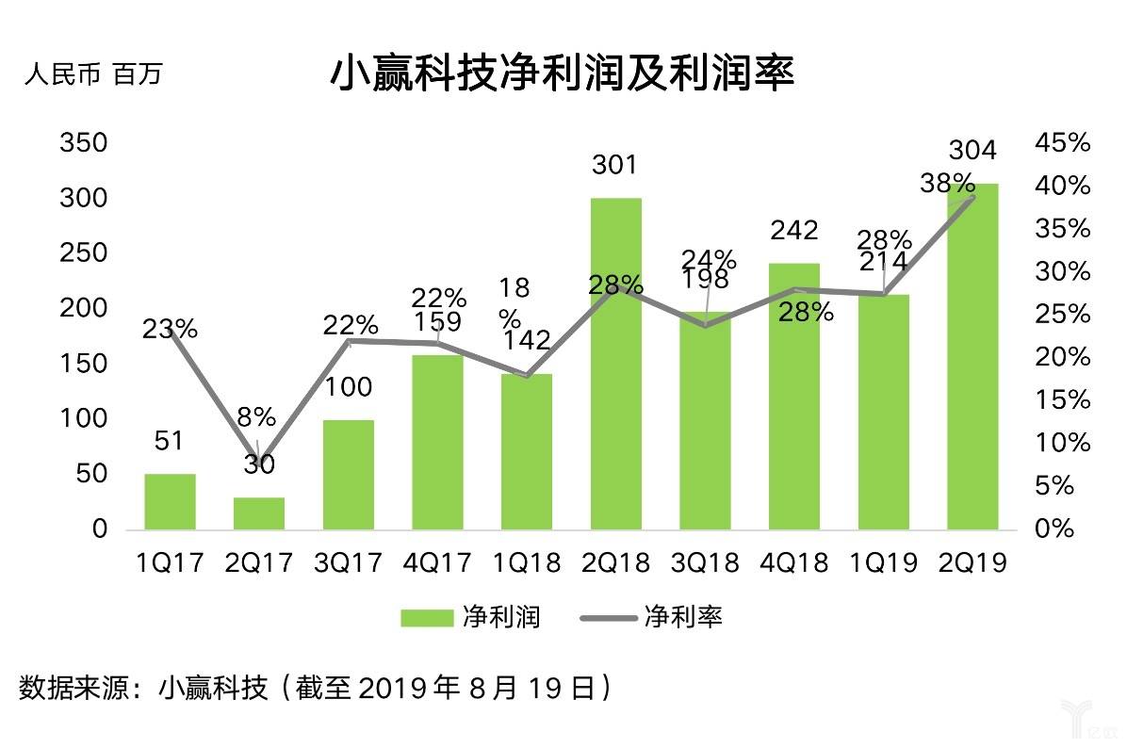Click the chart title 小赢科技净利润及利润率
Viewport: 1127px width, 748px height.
563,73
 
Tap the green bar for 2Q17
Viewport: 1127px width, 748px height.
259,513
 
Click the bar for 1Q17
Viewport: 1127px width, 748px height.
170,501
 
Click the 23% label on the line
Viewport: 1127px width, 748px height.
171,329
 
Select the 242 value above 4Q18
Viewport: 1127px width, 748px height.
793,230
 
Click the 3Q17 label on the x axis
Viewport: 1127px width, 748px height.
349,562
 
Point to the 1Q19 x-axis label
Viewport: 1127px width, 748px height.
884,562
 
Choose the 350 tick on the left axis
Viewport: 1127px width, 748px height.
84,144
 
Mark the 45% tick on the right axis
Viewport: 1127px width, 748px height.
1062,143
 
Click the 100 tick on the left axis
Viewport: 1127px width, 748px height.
84,419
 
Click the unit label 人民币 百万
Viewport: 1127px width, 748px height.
92,73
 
